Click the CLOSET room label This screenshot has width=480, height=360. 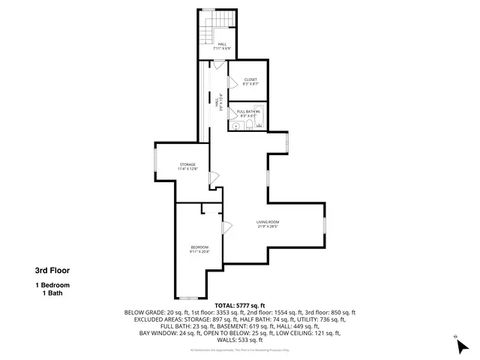pyautogui.click(x=250, y=79)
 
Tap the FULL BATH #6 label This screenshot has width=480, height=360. pyautogui.click(x=248, y=112)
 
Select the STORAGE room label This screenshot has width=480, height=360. pyautogui.click(x=187, y=164)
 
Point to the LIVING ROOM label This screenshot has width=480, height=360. pyautogui.click(x=268, y=222)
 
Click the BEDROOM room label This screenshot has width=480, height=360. pyautogui.click(x=199, y=247)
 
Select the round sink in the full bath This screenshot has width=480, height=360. pyautogui.click(x=235, y=127)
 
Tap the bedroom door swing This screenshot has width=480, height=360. pyautogui.click(x=226, y=226)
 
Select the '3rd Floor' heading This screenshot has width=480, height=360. pyautogui.click(x=52, y=271)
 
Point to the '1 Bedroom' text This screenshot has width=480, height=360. pyautogui.click(x=52, y=286)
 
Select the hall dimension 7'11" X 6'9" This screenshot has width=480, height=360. pyautogui.click(x=222, y=49)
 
